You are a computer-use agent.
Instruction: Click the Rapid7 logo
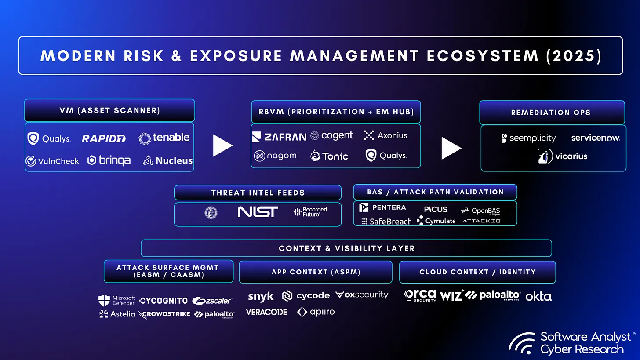(104, 139)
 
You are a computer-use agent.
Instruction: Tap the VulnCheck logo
(52, 161)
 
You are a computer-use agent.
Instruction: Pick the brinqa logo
(109, 160)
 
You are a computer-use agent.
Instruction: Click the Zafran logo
(279, 137)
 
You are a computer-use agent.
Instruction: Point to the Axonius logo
(385, 135)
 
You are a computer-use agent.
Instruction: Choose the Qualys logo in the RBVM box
(386, 156)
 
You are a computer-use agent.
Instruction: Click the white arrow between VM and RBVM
(222, 145)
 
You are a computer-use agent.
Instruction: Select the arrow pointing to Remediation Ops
(451, 148)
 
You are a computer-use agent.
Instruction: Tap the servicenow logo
(596, 138)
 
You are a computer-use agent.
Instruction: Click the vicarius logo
(563, 156)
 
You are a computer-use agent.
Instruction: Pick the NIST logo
(258, 212)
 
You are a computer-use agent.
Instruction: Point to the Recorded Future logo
(310, 212)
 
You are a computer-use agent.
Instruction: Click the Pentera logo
(382, 207)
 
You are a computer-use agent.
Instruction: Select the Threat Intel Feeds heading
(258, 193)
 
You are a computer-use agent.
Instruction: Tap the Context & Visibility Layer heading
(346, 248)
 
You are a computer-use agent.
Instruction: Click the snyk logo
(261, 297)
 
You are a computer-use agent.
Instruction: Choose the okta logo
(538, 296)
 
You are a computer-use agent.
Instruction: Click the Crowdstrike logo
(164, 314)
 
